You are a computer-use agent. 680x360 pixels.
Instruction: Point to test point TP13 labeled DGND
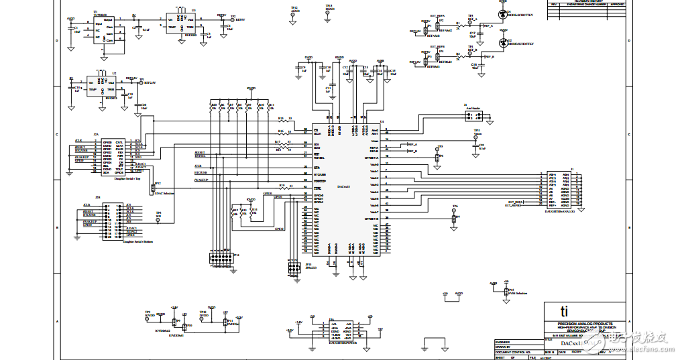click(x=328, y=13)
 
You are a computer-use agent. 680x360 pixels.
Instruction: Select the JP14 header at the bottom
click(x=221, y=258)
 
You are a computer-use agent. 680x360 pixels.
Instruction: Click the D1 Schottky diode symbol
click(x=502, y=13)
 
